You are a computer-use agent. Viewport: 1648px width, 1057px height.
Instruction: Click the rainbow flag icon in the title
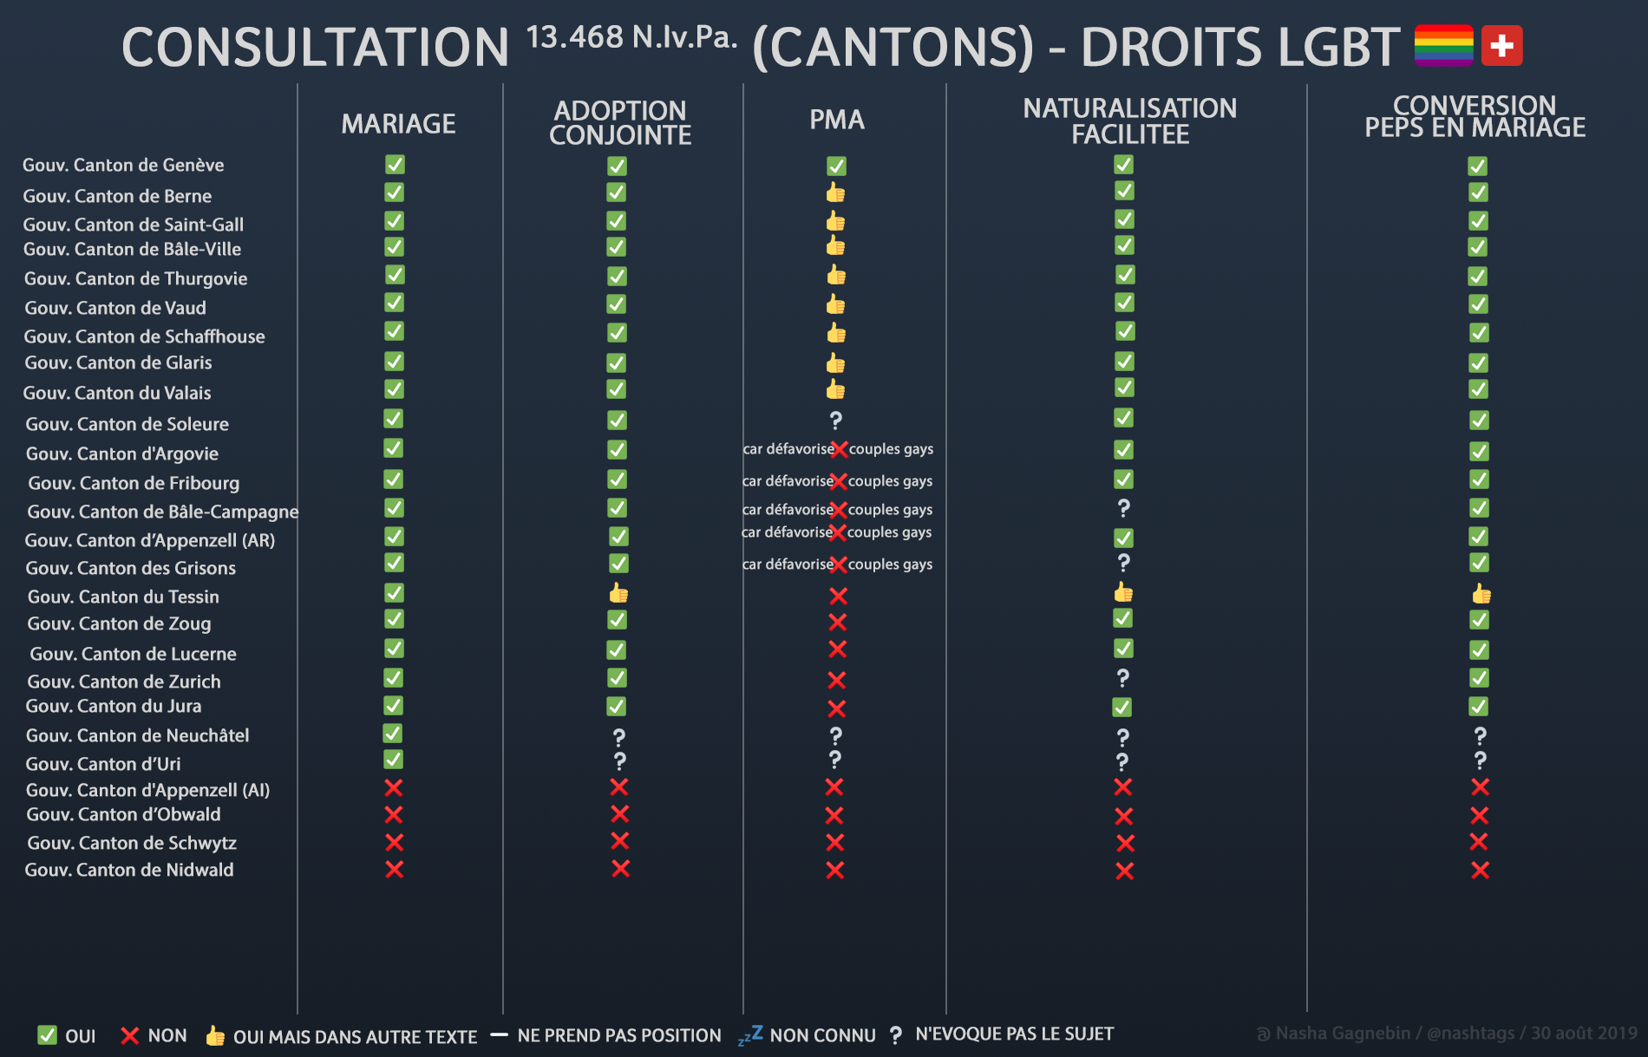(x=1443, y=46)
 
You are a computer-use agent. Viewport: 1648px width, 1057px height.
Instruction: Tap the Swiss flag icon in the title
(x=1501, y=46)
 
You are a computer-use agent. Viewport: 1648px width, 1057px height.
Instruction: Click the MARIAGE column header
(x=398, y=124)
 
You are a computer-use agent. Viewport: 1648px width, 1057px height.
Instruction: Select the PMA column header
(x=837, y=120)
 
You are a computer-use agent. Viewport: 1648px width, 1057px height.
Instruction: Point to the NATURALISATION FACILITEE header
(x=1129, y=121)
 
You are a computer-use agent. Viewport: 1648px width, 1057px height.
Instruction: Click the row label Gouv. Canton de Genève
(x=123, y=165)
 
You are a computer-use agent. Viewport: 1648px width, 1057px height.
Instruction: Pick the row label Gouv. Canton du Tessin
(x=123, y=597)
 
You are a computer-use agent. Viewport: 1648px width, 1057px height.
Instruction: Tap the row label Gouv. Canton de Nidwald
(x=129, y=870)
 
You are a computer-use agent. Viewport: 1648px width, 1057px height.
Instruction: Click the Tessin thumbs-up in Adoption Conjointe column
(x=618, y=593)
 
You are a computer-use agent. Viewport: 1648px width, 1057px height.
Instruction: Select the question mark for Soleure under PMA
(x=835, y=421)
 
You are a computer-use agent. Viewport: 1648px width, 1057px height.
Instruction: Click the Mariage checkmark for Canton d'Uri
(x=393, y=760)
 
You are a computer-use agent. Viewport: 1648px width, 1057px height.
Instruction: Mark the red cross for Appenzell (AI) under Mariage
(x=394, y=787)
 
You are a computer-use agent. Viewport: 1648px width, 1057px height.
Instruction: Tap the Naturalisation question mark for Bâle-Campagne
(x=1123, y=508)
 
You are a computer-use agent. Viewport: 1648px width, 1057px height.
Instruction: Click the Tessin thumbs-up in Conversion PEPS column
(x=1481, y=594)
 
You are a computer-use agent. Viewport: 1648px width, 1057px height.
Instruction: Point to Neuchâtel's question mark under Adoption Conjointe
(x=618, y=737)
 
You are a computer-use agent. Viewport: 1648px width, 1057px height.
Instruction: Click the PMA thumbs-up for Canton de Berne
(x=835, y=192)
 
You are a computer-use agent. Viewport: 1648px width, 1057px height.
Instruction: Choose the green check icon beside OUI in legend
(x=47, y=1034)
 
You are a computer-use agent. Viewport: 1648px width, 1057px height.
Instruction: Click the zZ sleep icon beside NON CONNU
(x=750, y=1034)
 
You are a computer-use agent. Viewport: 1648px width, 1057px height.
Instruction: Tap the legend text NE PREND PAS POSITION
(x=618, y=1035)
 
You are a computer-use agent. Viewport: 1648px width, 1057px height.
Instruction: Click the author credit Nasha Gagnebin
(x=1342, y=1034)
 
